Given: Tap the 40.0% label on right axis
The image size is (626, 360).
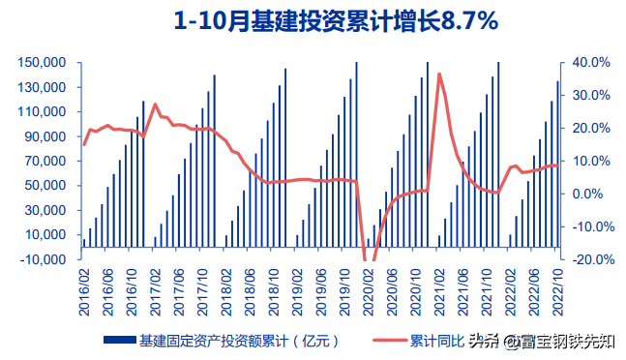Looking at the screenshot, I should pos(588,63).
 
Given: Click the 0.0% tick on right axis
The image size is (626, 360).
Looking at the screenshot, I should pos(591,194).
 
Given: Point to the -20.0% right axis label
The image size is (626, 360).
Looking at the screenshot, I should pos(586,259).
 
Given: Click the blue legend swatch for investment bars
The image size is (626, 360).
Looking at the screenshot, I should pos(119,341).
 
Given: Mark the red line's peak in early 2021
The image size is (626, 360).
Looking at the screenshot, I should pos(439,75).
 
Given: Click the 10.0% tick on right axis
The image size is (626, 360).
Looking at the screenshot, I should pos(588,161).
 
